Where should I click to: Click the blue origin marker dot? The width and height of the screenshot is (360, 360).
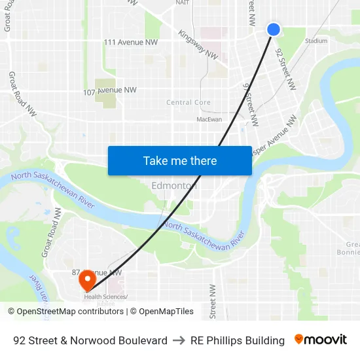274,29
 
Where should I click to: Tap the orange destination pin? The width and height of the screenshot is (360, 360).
86,281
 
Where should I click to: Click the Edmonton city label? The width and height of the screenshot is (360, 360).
174,185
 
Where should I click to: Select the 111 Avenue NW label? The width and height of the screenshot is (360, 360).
131,43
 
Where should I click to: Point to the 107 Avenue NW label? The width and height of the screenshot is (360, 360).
110,90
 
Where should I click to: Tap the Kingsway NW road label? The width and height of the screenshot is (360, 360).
198,45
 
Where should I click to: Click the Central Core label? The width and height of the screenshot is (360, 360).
189,102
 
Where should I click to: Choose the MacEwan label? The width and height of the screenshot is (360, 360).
209,119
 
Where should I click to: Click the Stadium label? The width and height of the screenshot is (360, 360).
316,41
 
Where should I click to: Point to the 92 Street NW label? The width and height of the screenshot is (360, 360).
285,69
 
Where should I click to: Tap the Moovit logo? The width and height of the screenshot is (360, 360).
321,340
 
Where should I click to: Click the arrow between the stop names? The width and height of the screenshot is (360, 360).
179,340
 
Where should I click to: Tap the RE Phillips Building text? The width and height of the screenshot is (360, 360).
238,340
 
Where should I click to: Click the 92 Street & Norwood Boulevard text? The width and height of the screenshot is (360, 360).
90,340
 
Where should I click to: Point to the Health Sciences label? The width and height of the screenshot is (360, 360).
105,297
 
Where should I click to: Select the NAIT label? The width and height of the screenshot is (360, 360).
183,3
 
